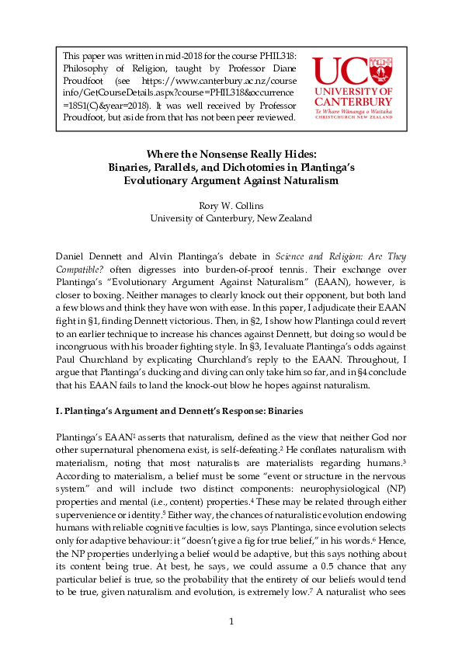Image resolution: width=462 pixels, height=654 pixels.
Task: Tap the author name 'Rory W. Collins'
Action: pyautogui.click(x=231, y=205)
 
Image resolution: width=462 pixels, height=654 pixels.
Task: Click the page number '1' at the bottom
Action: pyautogui.click(x=231, y=621)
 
